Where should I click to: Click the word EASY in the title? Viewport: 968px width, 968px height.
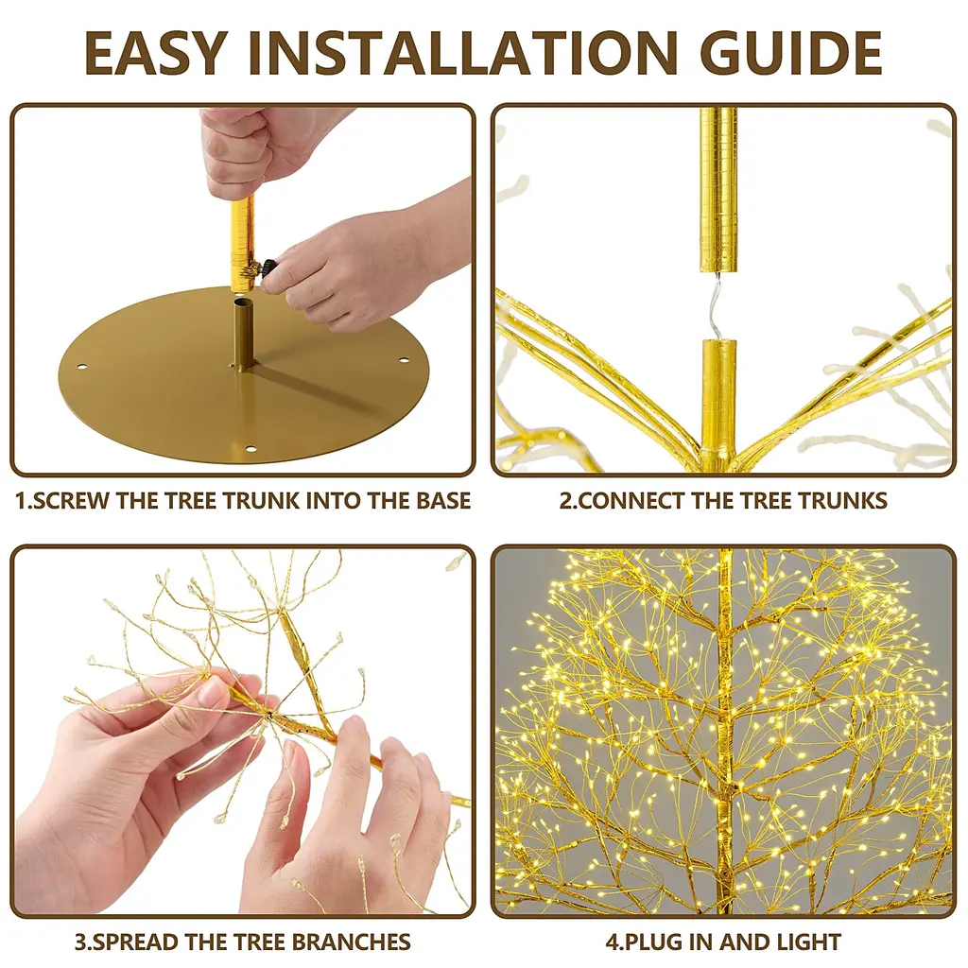tap(155, 53)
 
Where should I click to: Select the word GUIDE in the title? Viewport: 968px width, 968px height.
tap(791, 53)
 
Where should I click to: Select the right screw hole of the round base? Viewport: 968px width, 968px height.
tap(404, 360)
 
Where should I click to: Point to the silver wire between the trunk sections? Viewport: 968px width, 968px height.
tap(717, 305)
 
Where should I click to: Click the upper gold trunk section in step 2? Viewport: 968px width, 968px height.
tap(718, 189)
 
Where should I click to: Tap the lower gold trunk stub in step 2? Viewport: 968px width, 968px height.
tap(718, 395)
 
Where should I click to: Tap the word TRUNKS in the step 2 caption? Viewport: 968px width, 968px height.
tap(842, 501)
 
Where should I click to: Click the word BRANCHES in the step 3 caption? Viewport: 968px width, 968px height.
tap(351, 942)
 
